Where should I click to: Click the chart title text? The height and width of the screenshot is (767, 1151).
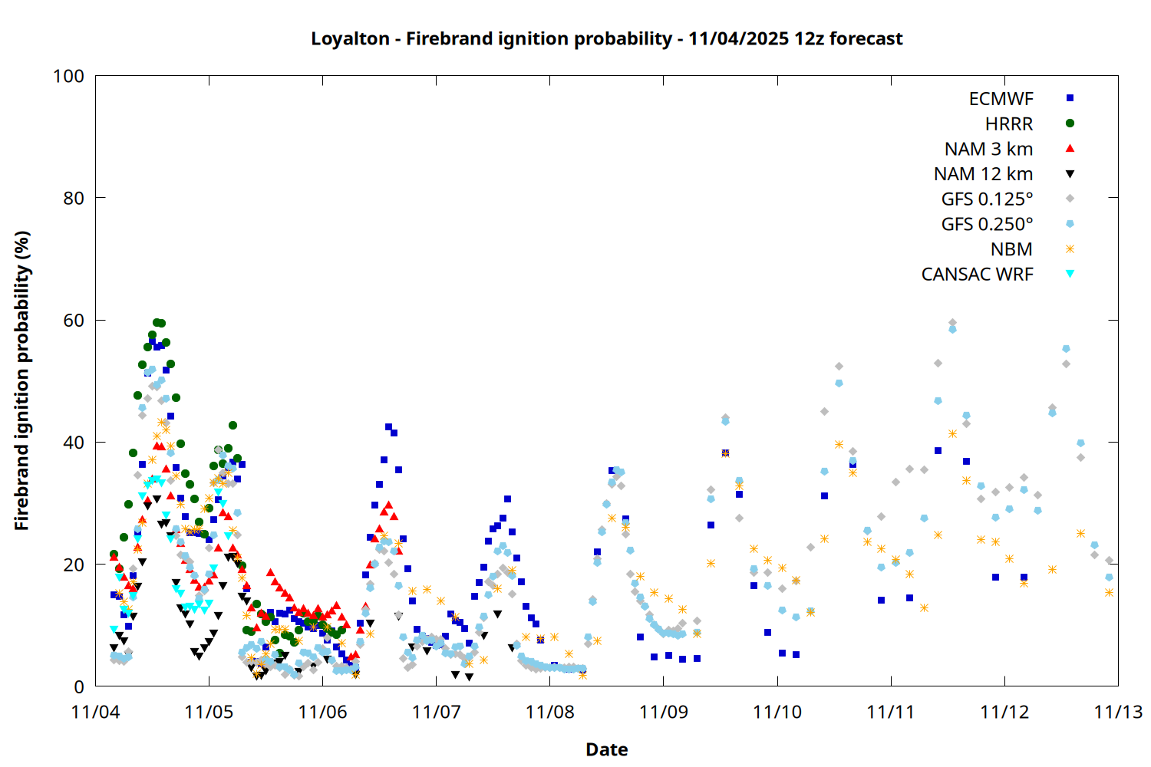(x=606, y=38)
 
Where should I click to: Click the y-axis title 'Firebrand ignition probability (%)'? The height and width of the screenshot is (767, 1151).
(x=22, y=381)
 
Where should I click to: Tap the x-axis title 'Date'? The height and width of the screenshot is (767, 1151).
(x=606, y=749)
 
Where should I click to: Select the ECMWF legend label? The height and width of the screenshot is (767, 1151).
(x=1001, y=99)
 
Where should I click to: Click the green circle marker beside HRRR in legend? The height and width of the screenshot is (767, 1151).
(x=1070, y=123)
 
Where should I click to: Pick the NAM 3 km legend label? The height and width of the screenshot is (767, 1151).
(x=988, y=149)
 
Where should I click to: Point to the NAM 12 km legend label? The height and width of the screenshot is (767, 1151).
(x=983, y=174)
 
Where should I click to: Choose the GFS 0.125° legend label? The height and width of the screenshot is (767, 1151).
(x=987, y=199)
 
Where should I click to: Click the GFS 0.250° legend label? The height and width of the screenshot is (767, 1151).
(x=987, y=224)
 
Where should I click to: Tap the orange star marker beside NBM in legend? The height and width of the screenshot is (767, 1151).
(x=1070, y=249)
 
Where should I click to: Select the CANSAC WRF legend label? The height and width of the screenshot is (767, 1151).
(x=977, y=275)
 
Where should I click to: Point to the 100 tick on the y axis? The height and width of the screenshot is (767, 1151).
(x=68, y=76)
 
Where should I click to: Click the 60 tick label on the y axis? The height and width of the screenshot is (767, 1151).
(x=74, y=321)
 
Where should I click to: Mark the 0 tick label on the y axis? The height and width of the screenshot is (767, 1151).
(x=78, y=687)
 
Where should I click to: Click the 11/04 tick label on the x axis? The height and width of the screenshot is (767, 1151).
(x=95, y=713)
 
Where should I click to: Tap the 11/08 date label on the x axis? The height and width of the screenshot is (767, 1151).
(x=549, y=713)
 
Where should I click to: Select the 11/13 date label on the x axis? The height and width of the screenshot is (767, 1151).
(x=1117, y=713)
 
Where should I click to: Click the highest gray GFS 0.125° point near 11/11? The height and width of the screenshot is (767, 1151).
(x=952, y=323)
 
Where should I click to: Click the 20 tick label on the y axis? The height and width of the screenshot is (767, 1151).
(x=74, y=565)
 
